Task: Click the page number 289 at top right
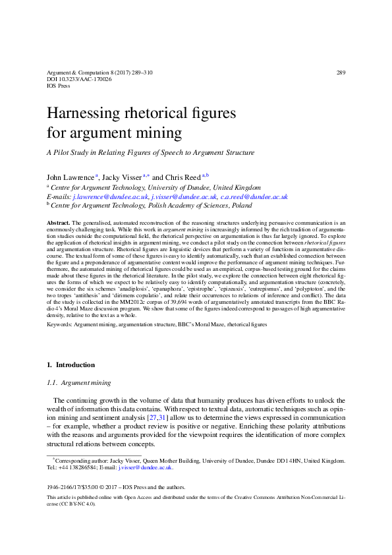click(340, 73)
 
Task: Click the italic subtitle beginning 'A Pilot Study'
click(150, 153)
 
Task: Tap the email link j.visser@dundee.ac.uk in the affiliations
click(184, 197)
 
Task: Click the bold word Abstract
click(59, 224)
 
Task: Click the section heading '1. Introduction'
click(71, 365)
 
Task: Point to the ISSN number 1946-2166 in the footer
click(61, 488)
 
